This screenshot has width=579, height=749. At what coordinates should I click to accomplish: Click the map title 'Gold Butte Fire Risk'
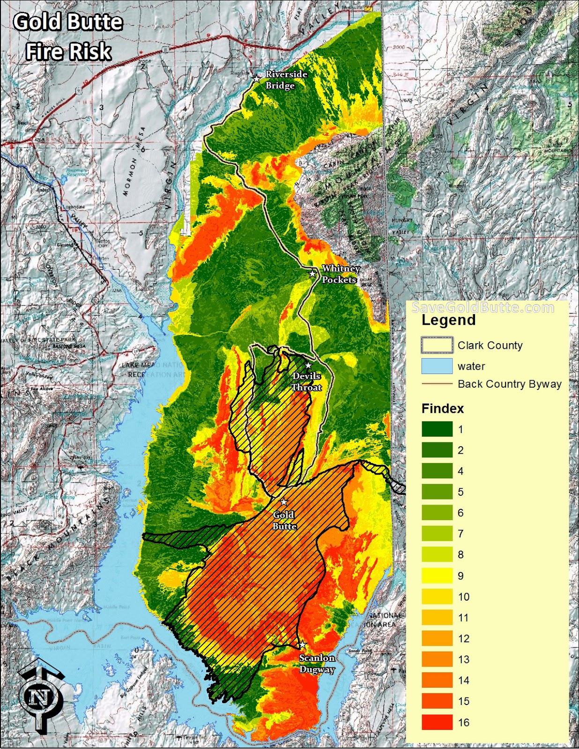click(x=68, y=37)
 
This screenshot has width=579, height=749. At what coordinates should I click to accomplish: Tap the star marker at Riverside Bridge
click(x=257, y=79)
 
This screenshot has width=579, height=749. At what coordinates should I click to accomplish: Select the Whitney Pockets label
click(x=341, y=274)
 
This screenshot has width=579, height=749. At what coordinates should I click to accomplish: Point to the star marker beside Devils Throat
click(x=308, y=366)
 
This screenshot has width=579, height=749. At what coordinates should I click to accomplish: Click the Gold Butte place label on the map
click(x=284, y=520)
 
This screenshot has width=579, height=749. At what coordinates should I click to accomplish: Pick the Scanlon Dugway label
click(x=317, y=663)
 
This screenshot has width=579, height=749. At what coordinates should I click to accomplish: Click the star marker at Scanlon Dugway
click(x=303, y=645)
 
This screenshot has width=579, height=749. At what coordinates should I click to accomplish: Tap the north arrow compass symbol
click(x=41, y=695)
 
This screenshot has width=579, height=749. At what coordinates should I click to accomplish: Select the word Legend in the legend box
click(x=448, y=320)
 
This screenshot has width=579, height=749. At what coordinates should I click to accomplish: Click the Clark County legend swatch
click(x=437, y=345)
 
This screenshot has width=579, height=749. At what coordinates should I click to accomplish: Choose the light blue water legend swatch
click(x=437, y=366)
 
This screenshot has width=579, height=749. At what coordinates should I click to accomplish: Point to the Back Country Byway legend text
click(x=509, y=384)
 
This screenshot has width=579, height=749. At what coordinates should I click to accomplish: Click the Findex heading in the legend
click(x=442, y=408)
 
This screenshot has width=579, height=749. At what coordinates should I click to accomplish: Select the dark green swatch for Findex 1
click(x=437, y=429)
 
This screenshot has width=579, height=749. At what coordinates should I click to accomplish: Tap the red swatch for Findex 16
click(x=437, y=722)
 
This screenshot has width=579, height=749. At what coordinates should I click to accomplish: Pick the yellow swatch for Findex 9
click(x=437, y=575)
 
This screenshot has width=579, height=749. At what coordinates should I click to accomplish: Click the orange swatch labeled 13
click(x=437, y=659)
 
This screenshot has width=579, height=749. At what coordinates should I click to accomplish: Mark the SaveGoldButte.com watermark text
click(x=482, y=308)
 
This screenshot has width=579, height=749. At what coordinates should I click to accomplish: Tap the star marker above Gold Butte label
click(x=283, y=502)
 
